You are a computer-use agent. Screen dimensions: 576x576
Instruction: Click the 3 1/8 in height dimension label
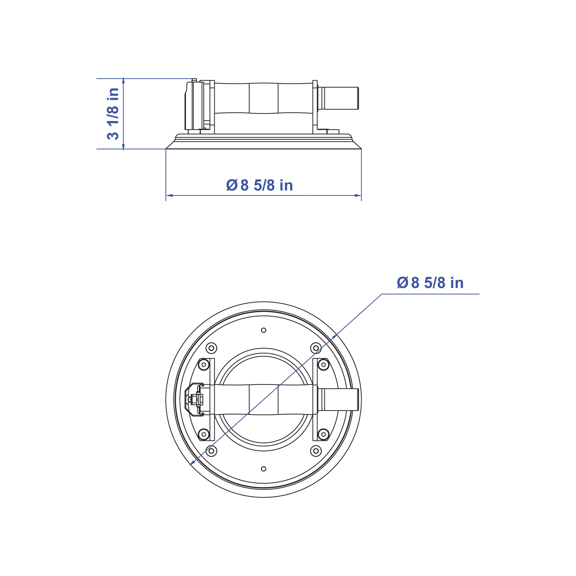113,114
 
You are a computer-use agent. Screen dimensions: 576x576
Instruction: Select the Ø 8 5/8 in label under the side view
259,185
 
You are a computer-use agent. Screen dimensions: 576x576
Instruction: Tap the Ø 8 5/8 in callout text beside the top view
430,283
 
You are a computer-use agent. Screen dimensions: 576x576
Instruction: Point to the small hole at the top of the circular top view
263,330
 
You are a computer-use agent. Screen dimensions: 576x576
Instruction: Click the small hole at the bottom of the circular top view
263,469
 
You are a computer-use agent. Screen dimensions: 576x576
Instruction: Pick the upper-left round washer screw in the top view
211,348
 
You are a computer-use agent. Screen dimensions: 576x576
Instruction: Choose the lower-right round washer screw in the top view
316,451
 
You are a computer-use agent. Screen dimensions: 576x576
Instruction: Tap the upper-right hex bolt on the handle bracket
323,365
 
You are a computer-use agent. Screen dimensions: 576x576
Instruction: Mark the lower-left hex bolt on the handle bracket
204,434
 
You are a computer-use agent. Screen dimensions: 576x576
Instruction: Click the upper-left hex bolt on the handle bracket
204,365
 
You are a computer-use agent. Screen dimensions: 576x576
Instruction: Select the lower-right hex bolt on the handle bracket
323,434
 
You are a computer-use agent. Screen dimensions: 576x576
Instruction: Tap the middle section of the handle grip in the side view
263,98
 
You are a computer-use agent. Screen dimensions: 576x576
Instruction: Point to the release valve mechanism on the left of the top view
194,400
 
